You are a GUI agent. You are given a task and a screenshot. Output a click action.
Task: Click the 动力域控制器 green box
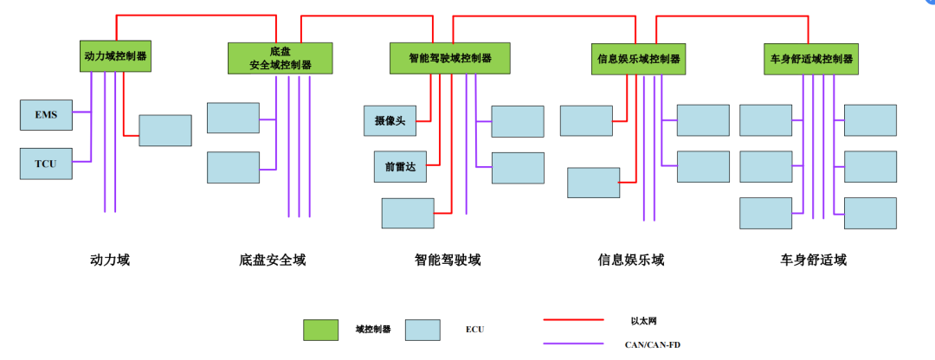pyautogui.click(x=116, y=55)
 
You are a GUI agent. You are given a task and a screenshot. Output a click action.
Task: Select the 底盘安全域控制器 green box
pyautogui.click(x=280, y=58)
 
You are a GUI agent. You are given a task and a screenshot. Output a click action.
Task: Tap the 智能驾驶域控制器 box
pyautogui.click(x=450, y=58)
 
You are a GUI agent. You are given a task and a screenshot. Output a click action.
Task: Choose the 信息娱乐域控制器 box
pyautogui.click(x=638, y=59)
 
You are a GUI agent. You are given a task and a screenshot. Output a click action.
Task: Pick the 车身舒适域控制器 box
pyautogui.click(x=811, y=59)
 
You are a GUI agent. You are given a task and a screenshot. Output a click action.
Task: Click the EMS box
pyautogui.click(x=46, y=114)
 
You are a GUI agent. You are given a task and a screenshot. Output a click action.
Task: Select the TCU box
pyautogui.click(x=46, y=164)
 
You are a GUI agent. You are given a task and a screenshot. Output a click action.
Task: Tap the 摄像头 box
pyautogui.click(x=390, y=120)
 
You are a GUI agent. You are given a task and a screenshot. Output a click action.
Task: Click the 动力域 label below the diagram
pyautogui.click(x=110, y=260)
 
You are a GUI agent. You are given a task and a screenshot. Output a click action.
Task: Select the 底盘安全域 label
pyautogui.click(x=273, y=260)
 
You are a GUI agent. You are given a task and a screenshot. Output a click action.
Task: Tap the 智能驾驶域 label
pyautogui.click(x=447, y=260)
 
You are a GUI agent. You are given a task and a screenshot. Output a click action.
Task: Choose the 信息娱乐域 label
pyautogui.click(x=631, y=260)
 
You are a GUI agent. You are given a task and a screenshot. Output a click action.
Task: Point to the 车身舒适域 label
pyautogui.click(x=814, y=260)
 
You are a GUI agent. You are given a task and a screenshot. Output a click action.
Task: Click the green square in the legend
pyautogui.click(x=320, y=330)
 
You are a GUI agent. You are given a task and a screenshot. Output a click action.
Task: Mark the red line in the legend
pyautogui.click(x=573, y=319)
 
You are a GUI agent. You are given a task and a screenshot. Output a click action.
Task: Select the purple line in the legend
pyautogui.click(x=573, y=344)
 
